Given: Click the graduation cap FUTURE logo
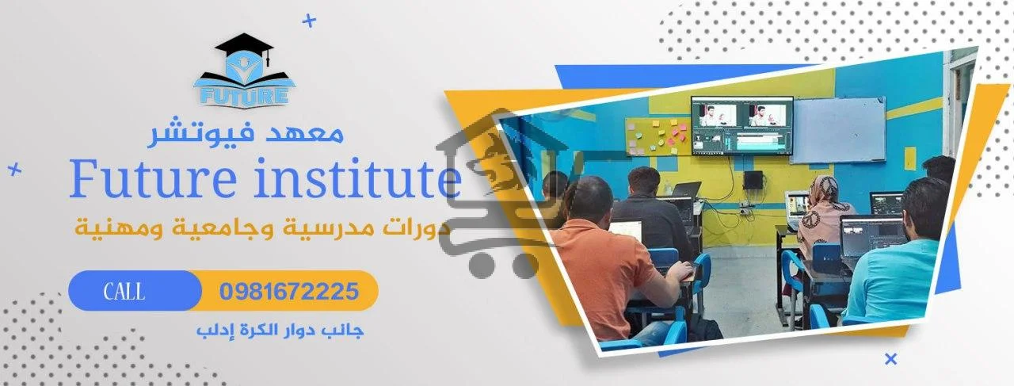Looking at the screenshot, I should (x=243, y=72).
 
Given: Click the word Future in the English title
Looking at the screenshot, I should (x=146, y=181).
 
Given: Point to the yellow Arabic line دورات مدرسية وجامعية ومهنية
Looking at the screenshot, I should (x=261, y=230).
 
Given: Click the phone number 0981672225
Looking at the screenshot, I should (x=288, y=292).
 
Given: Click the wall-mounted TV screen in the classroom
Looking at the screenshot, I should (x=741, y=125).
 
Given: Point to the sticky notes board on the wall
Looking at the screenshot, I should (x=656, y=136).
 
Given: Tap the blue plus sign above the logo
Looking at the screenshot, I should (x=310, y=21).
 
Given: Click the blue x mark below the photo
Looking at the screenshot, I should (x=890, y=359).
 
